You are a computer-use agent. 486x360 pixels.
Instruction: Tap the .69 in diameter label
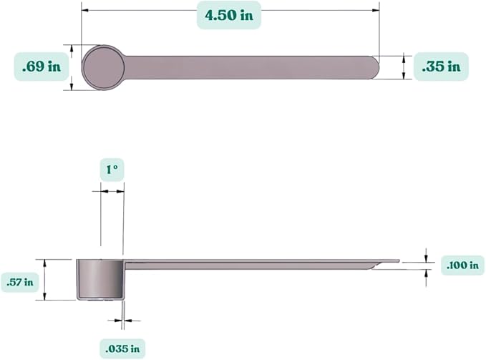pyautogui.click(x=41, y=67)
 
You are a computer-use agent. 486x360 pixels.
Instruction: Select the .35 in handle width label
pyautogui.click(x=441, y=67)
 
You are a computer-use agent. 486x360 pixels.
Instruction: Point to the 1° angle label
pyautogui.click(x=112, y=171)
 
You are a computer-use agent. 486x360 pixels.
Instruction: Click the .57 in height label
pyautogui.click(x=19, y=281)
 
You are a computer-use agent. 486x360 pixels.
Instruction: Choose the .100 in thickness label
pyautogui.click(x=462, y=265)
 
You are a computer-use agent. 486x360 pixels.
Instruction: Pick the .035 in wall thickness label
pyautogui.click(x=122, y=349)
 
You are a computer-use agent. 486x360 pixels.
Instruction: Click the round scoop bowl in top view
pyautogui.click(x=104, y=67)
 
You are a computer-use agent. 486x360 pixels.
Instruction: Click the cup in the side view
pyautogui.click(x=99, y=278)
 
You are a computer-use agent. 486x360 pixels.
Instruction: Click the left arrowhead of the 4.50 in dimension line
pyautogui.click(x=84, y=10)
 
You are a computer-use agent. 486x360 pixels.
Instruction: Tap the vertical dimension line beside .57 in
pyautogui.click(x=45, y=280)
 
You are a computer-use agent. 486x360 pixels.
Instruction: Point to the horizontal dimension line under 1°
pyautogui.click(x=112, y=192)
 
